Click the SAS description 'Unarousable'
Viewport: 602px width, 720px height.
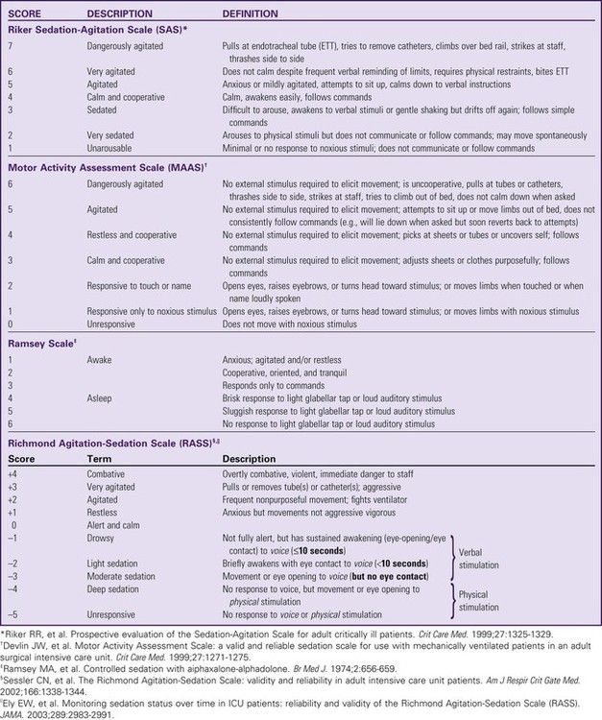112,148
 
